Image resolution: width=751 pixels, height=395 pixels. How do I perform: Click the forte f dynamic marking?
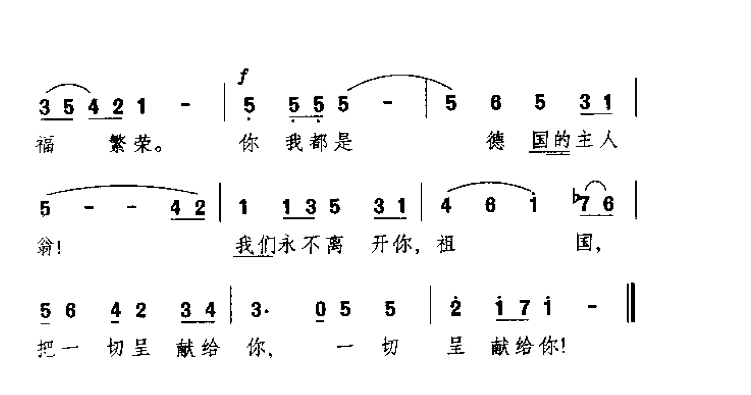point(243,77)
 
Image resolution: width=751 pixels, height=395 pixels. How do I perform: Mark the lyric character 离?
point(334,245)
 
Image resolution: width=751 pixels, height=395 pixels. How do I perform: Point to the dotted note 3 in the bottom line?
point(256,309)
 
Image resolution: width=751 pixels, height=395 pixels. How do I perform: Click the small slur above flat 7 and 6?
point(596,186)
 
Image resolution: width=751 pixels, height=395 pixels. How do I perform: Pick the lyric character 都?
point(319,143)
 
